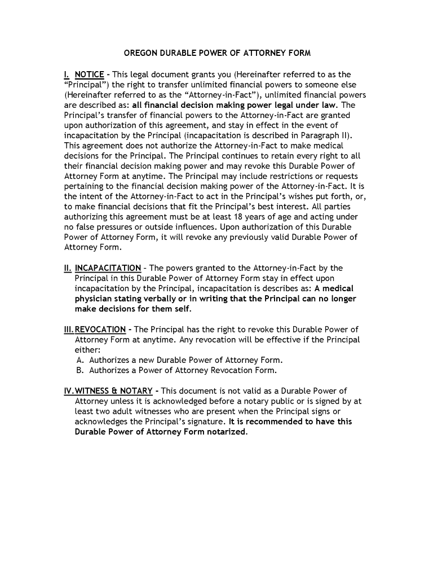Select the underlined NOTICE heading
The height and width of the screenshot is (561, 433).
pyautogui.click(x=89, y=74)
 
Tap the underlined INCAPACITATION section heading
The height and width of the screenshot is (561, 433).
pyautogui.click(x=108, y=268)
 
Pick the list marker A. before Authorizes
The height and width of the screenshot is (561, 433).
pyautogui.click(x=80, y=360)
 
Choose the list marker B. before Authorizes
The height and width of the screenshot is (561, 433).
pyautogui.click(x=80, y=371)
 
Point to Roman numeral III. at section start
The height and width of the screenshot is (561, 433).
pyautogui.click(x=69, y=330)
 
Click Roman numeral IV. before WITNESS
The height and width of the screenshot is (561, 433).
pyautogui.click(x=69, y=391)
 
